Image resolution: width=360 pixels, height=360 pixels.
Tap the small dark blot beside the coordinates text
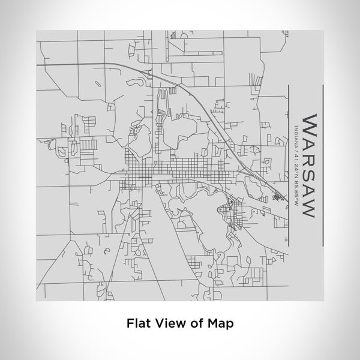pyautogui.click(x=277, y=196)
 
